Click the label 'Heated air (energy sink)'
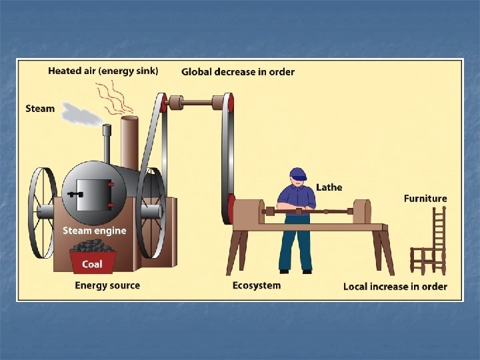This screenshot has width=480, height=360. pyautogui.click(x=103, y=71)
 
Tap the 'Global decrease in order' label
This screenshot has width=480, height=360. pyautogui.click(x=238, y=72)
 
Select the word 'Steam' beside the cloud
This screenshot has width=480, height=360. pyautogui.click(x=40, y=108)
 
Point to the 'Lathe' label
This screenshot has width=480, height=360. pyautogui.click(x=329, y=187)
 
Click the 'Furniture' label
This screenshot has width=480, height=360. pyautogui.click(x=425, y=198)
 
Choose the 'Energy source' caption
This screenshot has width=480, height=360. pyautogui.click(x=107, y=285)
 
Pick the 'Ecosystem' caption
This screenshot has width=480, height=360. pyautogui.click(x=257, y=285)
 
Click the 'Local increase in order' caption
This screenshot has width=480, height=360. pyautogui.click(x=395, y=286)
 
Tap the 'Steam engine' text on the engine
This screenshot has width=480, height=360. pyautogui.click(x=94, y=231)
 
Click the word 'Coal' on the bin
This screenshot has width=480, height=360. pyautogui.click(x=92, y=264)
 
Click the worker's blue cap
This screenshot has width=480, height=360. pyautogui.click(x=297, y=174)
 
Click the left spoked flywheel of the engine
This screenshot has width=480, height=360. pyautogui.click(x=41, y=213)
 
